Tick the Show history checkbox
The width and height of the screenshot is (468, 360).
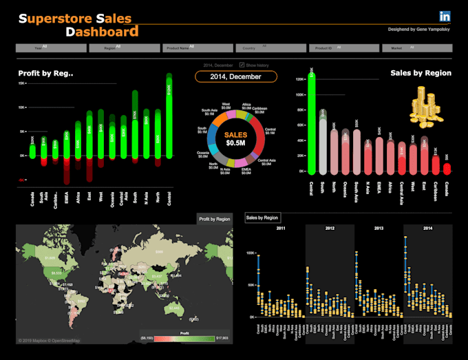coord(241,64)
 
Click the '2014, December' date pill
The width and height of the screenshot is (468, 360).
coord(236,76)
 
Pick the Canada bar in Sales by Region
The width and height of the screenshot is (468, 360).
coord(447,167)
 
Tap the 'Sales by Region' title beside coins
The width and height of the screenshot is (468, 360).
coord(421,72)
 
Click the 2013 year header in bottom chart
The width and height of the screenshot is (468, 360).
coord(379,227)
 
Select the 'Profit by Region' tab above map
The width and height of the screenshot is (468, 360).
coord(214,219)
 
